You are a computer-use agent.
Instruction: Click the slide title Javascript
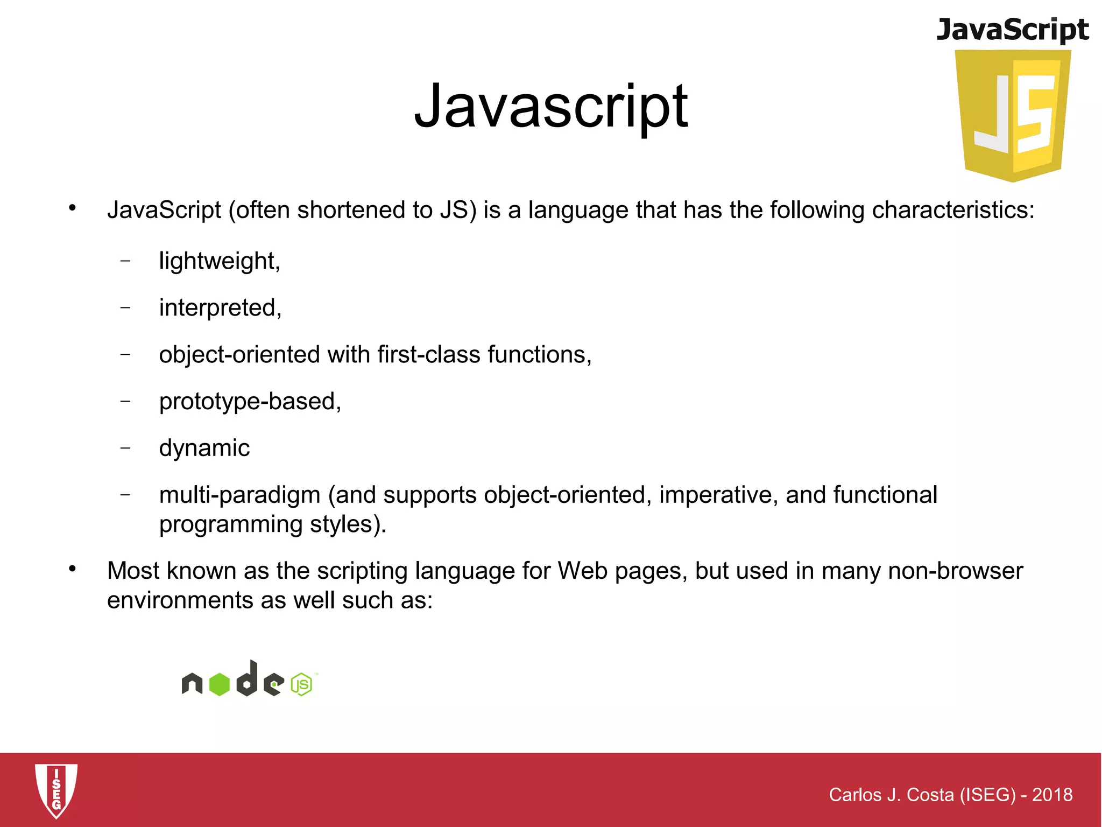pos(550,106)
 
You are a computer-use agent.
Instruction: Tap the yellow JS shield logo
pos(1013,116)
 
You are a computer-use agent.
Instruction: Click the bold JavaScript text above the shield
pos(1013,30)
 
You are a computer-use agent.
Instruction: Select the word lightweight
pos(218,261)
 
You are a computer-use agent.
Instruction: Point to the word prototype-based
pos(249,402)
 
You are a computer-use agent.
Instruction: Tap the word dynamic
pos(204,448)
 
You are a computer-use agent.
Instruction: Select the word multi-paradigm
pos(240,495)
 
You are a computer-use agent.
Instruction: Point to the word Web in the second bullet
pos(583,571)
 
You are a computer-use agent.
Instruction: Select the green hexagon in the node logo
pos(220,684)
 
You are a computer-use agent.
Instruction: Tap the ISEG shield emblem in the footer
pos(56,790)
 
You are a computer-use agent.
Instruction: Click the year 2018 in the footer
pos(1052,795)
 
